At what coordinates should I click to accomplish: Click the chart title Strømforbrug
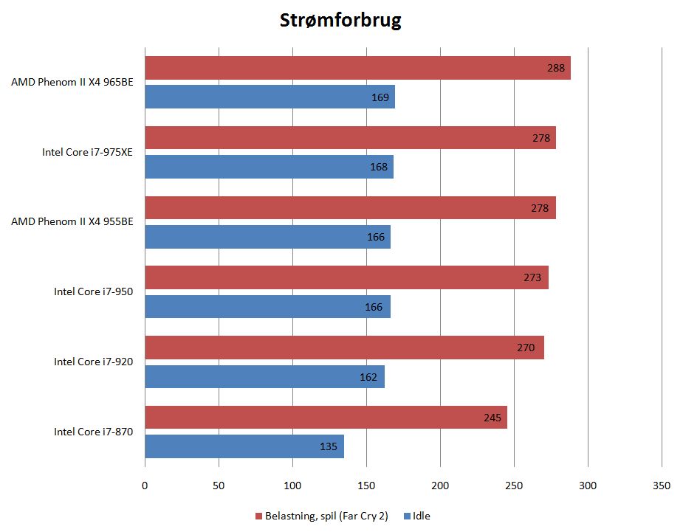click(x=340, y=20)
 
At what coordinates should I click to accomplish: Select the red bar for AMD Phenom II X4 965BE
click(x=357, y=68)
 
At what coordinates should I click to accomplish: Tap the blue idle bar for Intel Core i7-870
click(x=244, y=446)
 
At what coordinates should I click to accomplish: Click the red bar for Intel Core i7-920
click(x=344, y=348)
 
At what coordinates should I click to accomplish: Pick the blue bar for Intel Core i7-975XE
click(x=269, y=167)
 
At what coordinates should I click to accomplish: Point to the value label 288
click(x=556, y=68)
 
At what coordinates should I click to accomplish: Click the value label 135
click(x=329, y=446)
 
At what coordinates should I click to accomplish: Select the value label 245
click(x=492, y=418)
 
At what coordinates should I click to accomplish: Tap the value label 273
click(x=532, y=278)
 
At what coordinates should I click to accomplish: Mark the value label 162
click(x=368, y=377)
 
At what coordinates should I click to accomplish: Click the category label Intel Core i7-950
click(x=93, y=291)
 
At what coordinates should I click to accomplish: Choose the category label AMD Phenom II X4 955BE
click(x=72, y=221)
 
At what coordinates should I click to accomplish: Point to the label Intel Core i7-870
click(x=93, y=432)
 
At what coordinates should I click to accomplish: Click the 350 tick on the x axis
click(x=662, y=486)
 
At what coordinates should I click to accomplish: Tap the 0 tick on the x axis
click(x=145, y=486)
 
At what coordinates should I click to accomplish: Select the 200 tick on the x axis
click(x=440, y=486)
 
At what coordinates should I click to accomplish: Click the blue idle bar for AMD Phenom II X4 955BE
click(x=267, y=237)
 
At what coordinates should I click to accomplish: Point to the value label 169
click(x=380, y=97)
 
